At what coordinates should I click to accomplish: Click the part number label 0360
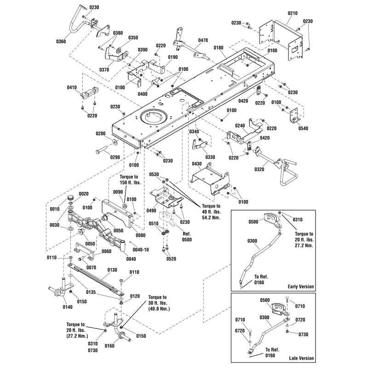(x=61, y=41)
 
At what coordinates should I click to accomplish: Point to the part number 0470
(x=203, y=40)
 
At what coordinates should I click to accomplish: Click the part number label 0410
(x=72, y=87)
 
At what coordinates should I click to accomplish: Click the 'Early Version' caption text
(x=301, y=287)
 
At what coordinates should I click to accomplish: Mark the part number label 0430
(x=197, y=164)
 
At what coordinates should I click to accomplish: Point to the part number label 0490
(x=151, y=210)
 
